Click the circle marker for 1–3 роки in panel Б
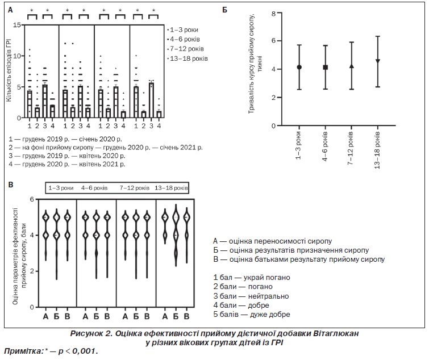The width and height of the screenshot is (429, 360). click(299, 67)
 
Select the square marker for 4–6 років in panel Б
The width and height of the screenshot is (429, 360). click(325, 67)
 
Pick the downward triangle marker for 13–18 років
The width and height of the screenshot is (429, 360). click(378, 61)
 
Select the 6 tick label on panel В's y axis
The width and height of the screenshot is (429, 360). click(32, 199)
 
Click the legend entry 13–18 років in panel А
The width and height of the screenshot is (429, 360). click(189, 58)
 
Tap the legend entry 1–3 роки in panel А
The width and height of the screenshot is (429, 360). click(185, 28)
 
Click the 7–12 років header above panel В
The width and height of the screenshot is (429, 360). click(134, 187)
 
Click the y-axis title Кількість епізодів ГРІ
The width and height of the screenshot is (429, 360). click(9, 71)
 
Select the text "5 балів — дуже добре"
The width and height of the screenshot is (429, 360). click(251, 314)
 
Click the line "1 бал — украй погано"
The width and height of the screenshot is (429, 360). click(251, 277)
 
